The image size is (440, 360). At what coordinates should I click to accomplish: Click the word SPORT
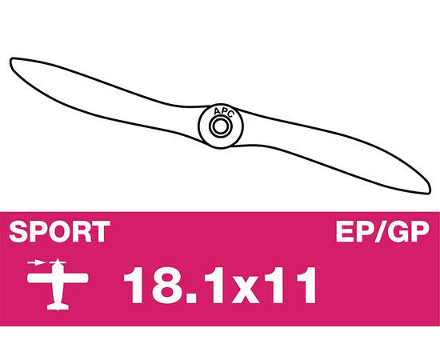59,231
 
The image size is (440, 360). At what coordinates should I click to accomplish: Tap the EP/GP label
382,231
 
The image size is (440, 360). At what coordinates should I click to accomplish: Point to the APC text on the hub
224,112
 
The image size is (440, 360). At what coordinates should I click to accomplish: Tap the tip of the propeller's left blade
11,60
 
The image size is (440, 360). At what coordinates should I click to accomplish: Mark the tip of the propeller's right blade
430,191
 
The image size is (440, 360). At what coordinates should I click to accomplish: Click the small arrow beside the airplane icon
37,263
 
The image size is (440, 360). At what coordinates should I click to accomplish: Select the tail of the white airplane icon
58,306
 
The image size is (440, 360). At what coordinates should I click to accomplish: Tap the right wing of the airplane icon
75,278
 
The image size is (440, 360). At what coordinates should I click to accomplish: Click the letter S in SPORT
18,231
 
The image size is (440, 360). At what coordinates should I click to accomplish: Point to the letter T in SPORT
101,231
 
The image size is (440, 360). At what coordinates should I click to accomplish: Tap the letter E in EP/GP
345,231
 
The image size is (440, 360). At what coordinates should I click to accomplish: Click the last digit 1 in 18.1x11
306,285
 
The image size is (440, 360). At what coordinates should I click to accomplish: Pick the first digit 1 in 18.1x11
134,285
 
